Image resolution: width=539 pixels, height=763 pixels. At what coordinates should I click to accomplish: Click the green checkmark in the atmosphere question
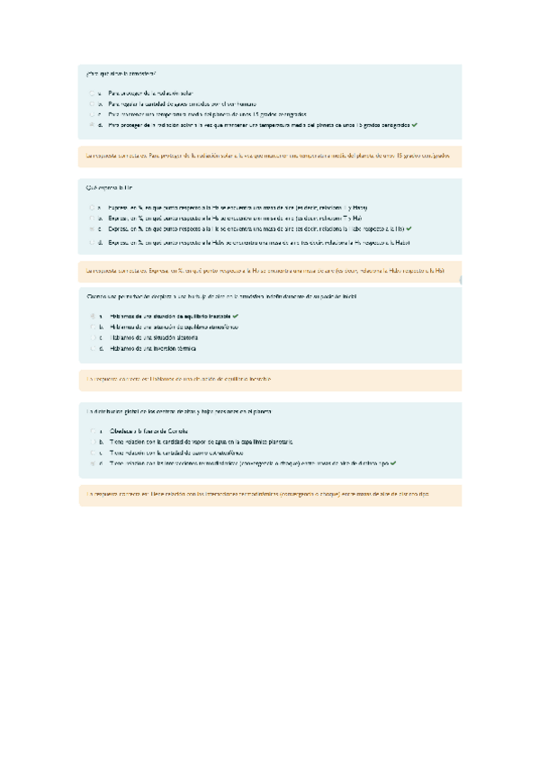415,125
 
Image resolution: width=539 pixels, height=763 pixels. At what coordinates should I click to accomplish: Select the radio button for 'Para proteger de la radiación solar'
92,93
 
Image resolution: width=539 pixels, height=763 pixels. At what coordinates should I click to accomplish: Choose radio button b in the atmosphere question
92,103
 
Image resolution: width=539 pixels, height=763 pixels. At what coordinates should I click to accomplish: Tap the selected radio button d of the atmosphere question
92,125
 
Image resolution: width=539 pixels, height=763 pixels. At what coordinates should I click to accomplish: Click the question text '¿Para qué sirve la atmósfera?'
121,72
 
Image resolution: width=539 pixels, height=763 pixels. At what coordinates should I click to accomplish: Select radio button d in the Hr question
92,242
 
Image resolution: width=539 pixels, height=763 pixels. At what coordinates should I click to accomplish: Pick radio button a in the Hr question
92,207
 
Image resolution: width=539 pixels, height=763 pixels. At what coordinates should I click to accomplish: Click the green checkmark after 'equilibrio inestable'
235,317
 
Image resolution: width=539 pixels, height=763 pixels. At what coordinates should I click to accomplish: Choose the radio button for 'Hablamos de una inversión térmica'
92,348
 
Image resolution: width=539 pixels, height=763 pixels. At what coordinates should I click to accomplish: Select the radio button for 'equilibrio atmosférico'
92,327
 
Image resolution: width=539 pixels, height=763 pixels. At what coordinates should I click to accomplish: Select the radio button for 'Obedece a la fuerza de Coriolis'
92,431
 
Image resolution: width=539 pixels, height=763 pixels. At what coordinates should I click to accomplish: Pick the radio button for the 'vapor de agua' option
92,442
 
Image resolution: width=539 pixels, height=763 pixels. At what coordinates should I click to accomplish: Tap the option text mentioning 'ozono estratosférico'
172,453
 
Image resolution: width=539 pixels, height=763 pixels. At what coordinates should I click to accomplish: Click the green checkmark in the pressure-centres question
394,463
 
